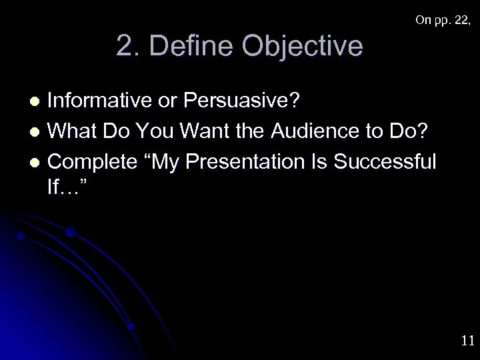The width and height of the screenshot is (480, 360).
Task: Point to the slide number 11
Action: pos(467,341)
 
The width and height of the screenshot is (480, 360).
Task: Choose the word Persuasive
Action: pos(243,101)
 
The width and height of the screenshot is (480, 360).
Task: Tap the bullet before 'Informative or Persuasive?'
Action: pos(37,102)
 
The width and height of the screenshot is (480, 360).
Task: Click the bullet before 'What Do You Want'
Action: pos(37,131)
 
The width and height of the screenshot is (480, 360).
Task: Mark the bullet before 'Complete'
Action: pos(37,161)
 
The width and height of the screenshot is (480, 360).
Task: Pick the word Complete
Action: pos(91,161)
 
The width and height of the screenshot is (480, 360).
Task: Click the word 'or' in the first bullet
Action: pos(172,101)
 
